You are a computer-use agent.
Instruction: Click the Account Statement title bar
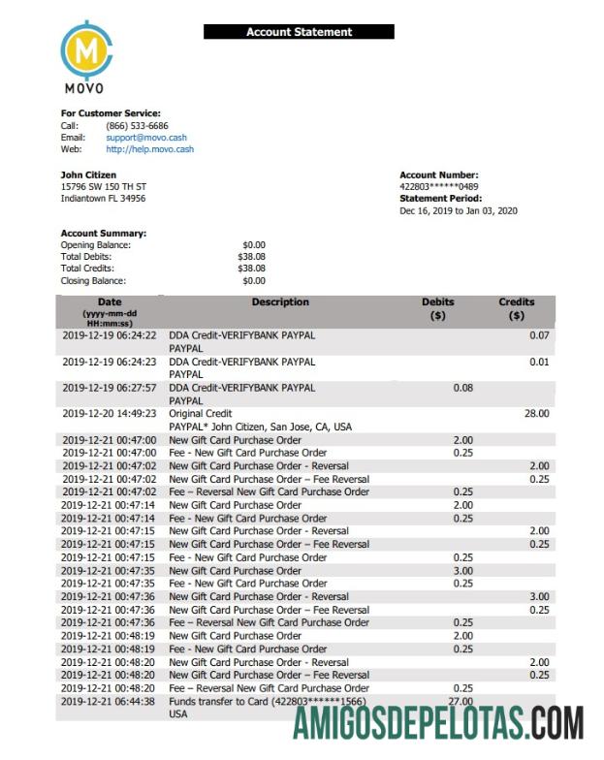pos(299,32)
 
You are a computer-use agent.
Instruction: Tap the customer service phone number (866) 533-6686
pos(137,126)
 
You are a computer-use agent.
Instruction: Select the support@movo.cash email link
pos(146,138)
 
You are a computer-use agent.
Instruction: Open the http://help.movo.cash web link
pos(149,149)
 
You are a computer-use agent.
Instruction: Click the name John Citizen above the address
pos(88,175)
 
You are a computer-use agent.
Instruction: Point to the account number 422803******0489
pos(438,187)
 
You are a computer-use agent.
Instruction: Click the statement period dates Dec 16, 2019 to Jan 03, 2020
pos(459,210)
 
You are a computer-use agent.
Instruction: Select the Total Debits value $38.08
pos(251,257)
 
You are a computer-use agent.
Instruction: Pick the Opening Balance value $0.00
pos(254,245)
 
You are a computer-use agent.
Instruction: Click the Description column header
pos(280,302)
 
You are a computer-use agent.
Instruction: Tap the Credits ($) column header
pos(516,308)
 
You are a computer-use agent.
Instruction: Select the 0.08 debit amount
pos(462,387)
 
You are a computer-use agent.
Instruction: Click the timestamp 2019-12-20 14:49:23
pos(109,413)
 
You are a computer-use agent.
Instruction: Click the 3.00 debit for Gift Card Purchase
pos(462,571)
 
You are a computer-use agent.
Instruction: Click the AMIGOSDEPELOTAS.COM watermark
pos(438,723)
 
